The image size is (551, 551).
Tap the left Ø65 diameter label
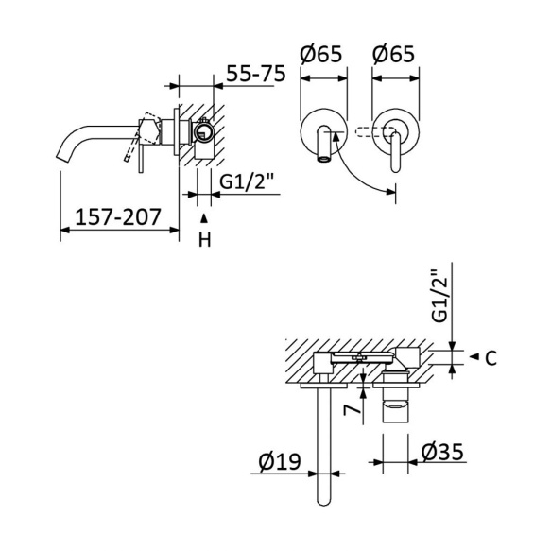320,56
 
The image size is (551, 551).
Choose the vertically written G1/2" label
436,297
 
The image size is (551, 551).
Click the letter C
491,357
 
